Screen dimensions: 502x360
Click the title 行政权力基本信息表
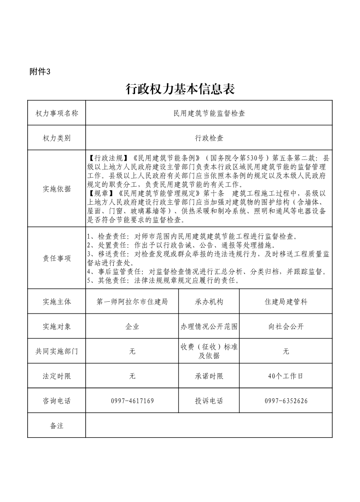(180, 89)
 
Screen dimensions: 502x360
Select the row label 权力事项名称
(57, 113)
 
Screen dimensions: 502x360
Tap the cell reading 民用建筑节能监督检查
(209, 113)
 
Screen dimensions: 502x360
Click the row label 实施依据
(57, 189)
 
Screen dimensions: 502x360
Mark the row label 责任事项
(57, 258)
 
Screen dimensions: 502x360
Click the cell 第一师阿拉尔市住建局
(132, 301)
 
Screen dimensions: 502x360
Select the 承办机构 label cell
(209, 301)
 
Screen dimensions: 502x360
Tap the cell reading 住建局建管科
(286, 301)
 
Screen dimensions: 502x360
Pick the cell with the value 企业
(132, 326)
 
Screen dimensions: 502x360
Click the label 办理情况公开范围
(209, 326)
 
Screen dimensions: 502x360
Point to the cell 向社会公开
(286, 326)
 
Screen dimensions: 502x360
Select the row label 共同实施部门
(57, 351)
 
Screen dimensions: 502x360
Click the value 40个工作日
(286, 376)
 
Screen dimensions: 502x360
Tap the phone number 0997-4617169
(132, 401)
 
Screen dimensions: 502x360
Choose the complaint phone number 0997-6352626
(286, 401)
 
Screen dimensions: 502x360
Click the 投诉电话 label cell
(209, 401)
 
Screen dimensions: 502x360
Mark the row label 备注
(57, 425)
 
